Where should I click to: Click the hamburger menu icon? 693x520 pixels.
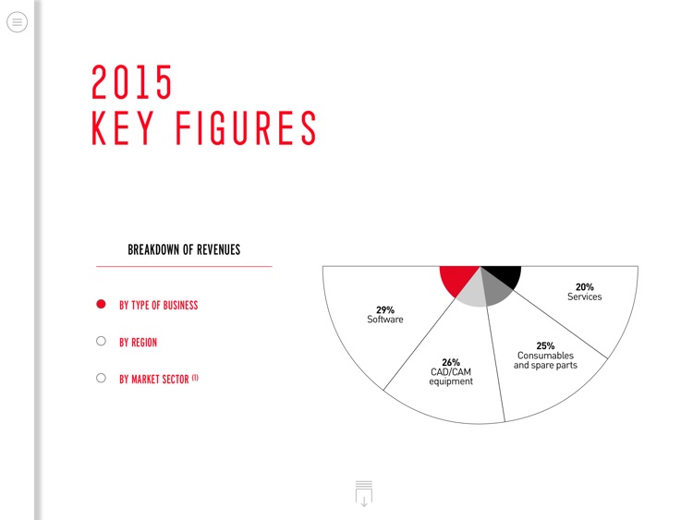(x=17, y=22)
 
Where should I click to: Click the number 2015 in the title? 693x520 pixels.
(x=132, y=83)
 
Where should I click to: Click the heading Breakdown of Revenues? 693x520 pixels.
(x=184, y=249)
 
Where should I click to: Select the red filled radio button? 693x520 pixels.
(x=102, y=305)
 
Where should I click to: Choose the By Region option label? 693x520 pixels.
(x=138, y=343)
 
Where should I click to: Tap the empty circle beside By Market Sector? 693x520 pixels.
(x=102, y=378)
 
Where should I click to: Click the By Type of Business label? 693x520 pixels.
(x=158, y=305)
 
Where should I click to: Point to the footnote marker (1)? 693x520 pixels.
(x=195, y=377)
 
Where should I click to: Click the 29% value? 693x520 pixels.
(x=385, y=310)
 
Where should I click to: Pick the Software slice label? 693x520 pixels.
(x=385, y=320)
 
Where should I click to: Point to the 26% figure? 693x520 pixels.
(x=451, y=362)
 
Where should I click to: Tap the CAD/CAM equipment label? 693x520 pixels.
(x=451, y=377)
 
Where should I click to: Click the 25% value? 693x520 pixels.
(x=545, y=345)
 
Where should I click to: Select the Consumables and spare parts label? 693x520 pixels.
(x=545, y=360)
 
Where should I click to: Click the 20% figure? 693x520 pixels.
(x=584, y=287)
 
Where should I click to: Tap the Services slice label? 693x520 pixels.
(x=584, y=297)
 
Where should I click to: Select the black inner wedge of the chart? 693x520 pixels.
(x=504, y=274)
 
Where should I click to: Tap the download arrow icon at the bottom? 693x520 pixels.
(x=364, y=494)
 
